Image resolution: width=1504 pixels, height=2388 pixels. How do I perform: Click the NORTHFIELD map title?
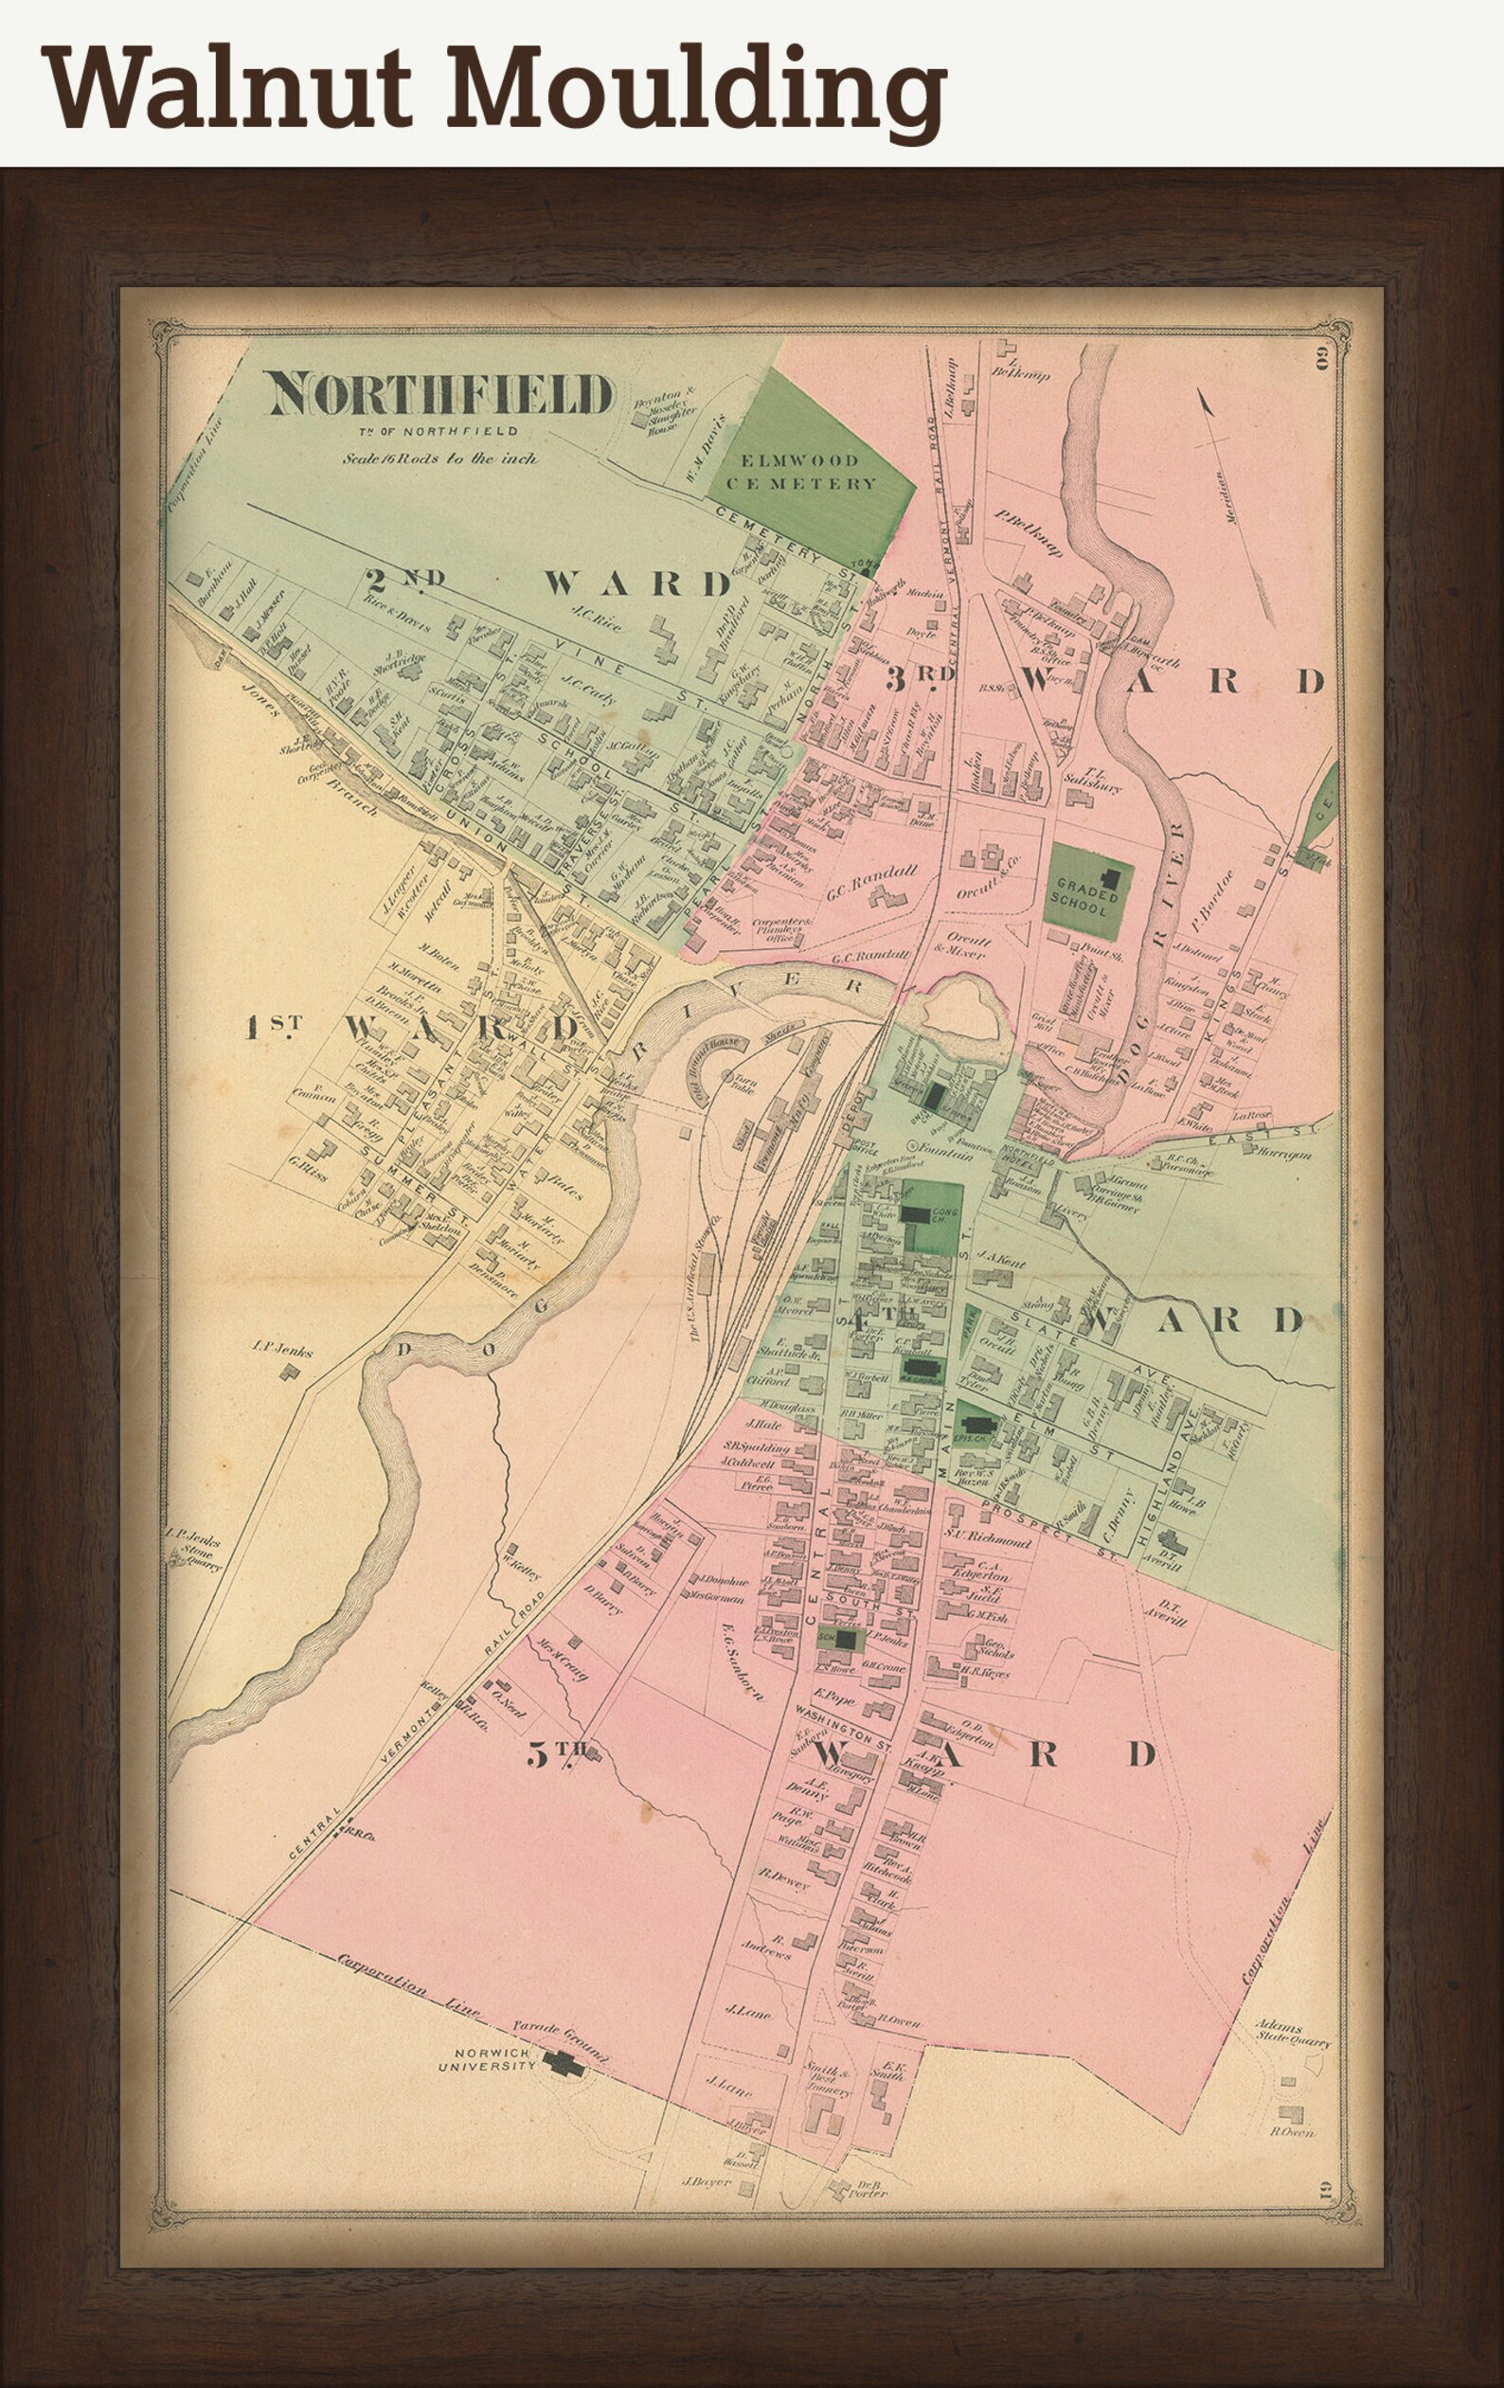[440, 395]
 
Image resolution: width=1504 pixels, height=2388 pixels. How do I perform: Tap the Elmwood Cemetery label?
[810, 472]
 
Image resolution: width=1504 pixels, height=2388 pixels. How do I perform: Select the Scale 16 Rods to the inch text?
[440, 458]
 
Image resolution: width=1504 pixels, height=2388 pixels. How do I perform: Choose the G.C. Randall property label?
[873, 873]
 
